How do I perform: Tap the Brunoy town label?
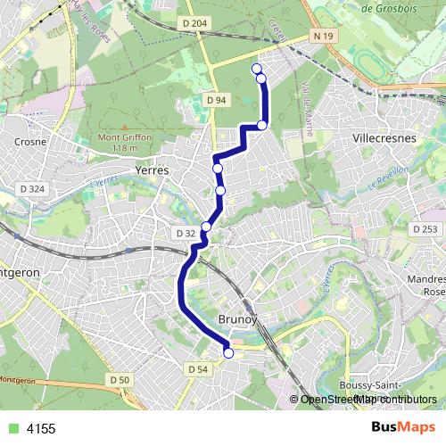237,318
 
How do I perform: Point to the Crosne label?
29,141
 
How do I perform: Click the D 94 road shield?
215,101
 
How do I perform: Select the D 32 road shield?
186,233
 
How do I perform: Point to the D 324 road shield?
31,189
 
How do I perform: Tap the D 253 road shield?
425,229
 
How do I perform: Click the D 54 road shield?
198,368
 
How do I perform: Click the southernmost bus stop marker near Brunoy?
228,353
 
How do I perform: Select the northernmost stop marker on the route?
257,69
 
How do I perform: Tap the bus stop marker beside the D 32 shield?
206,227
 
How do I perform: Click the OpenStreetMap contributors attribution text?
368,400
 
